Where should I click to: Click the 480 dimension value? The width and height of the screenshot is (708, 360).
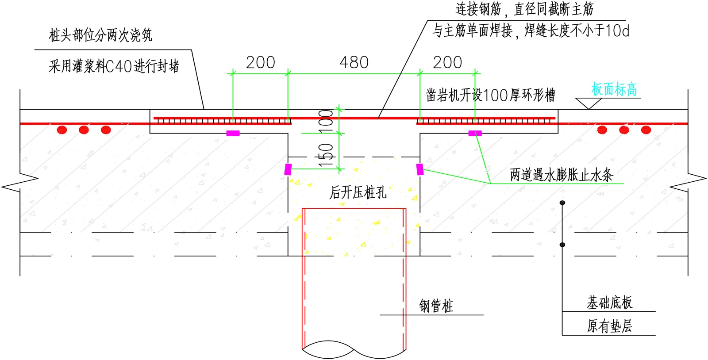[x=354, y=62]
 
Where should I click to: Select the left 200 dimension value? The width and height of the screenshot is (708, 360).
[x=260, y=62]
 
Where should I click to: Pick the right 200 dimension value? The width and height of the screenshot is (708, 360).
[x=447, y=62]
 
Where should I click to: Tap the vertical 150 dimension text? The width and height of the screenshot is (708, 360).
[x=326, y=155]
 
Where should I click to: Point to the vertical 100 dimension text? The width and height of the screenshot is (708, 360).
[x=326, y=119]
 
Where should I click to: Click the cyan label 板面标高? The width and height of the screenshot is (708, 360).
[x=614, y=89]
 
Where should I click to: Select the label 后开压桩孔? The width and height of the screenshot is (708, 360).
[x=358, y=192]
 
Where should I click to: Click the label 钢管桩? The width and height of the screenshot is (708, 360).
[x=436, y=306]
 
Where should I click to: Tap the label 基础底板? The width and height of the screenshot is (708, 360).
[x=609, y=303]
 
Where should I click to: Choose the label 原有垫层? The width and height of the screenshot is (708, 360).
[x=609, y=326]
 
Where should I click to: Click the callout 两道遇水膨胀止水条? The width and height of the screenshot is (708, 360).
[x=561, y=175]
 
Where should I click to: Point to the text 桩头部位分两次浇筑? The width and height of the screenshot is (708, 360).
[x=100, y=35]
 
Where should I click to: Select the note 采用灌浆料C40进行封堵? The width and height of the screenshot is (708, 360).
[x=114, y=66]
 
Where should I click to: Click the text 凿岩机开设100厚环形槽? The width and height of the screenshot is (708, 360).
[x=490, y=95]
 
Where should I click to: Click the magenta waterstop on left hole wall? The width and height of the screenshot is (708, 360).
[x=288, y=169]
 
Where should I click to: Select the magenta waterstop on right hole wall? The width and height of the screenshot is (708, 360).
[x=419, y=169]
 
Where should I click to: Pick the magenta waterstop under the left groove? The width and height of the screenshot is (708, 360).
[x=233, y=133]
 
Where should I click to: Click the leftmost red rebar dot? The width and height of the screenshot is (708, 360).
[x=62, y=130]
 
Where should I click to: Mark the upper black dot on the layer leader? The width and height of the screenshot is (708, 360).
[x=562, y=203]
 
